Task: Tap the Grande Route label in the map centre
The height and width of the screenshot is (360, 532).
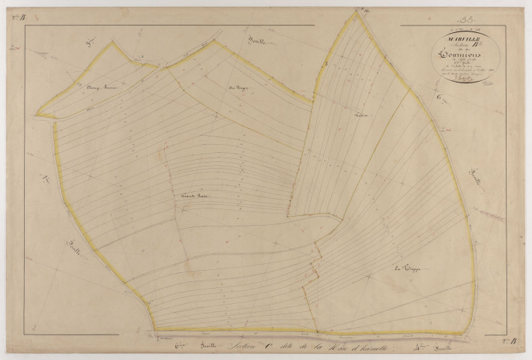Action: (x=194, y=196)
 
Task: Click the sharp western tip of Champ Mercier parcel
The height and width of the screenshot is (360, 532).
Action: (x=37, y=115)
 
